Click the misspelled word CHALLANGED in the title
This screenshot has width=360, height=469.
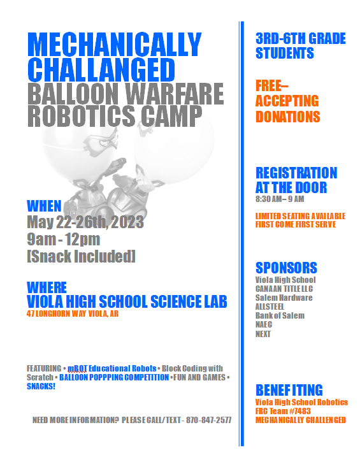pyautogui.click(x=101, y=69)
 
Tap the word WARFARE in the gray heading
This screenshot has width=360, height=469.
pyautogui.click(x=175, y=94)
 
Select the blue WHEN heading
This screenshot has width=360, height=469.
pyautogui.click(x=44, y=206)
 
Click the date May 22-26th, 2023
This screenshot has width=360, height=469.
pyautogui.click(x=85, y=222)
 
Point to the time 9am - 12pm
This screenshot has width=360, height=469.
pyautogui.click(x=63, y=240)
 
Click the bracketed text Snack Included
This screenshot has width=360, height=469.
pyautogui.click(x=81, y=256)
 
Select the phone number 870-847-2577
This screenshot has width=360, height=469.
pyautogui.click(x=209, y=420)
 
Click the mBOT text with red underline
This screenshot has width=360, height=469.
pyautogui.click(x=78, y=368)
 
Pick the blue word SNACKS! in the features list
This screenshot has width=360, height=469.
pyautogui.click(x=41, y=386)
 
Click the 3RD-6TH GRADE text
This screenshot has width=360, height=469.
pyautogui.click(x=301, y=39)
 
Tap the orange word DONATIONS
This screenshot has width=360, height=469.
pyautogui.click(x=287, y=117)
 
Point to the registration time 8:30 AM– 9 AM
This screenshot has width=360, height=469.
pyautogui.click(x=280, y=199)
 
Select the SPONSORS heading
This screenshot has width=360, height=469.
pyautogui.click(x=286, y=268)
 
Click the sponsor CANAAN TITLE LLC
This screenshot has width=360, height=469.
pyautogui.click(x=284, y=289)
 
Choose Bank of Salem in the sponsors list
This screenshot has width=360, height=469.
pyautogui.click(x=280, y=315)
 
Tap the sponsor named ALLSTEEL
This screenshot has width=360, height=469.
pyautogui.click(x=270, y=307)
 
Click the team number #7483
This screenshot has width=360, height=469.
pyautogui.click(x=301, y=411)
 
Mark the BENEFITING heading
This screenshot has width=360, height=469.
pyautogui.click(x=289, y=390)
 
